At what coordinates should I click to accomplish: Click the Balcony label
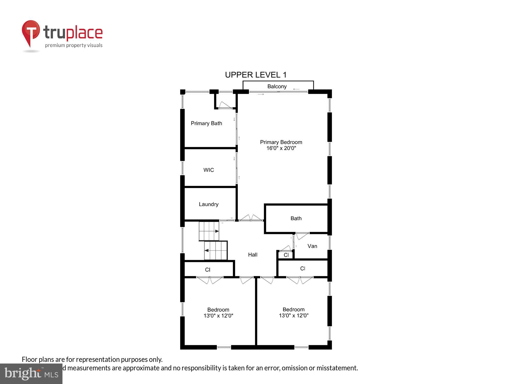tap(277, 87)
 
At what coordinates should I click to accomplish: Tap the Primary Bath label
tap(206, 123)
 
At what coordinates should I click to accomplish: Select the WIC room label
tap(208, 170)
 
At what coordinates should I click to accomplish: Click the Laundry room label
tap(209, 204)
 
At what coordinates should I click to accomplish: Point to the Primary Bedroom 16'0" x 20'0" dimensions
tap(281, 148)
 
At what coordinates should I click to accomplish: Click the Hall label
tap(253, 255)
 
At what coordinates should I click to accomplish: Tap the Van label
tap(312, 246)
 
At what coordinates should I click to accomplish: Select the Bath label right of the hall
tap(296, 218)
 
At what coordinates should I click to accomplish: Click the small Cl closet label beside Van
tap(286, 255)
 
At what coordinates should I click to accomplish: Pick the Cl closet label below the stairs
tap(208, 270)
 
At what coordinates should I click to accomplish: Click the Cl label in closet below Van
tap(303, 269)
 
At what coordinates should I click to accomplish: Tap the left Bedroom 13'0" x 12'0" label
tap(218, 313)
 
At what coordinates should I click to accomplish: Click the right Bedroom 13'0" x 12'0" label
tap(294, 313)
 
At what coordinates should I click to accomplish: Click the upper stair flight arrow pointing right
tap(217, 231)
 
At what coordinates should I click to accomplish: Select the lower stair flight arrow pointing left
tap(207, 250)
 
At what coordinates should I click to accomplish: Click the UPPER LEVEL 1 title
tap(255, 75)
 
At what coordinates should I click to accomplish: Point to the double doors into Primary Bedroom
tap(251, 218)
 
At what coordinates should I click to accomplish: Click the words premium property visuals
tap(74, 46)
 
